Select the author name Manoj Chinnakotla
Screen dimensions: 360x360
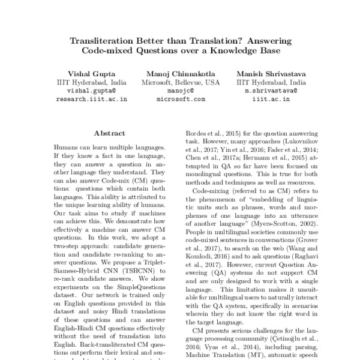181,73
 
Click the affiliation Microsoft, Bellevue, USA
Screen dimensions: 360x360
181,82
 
